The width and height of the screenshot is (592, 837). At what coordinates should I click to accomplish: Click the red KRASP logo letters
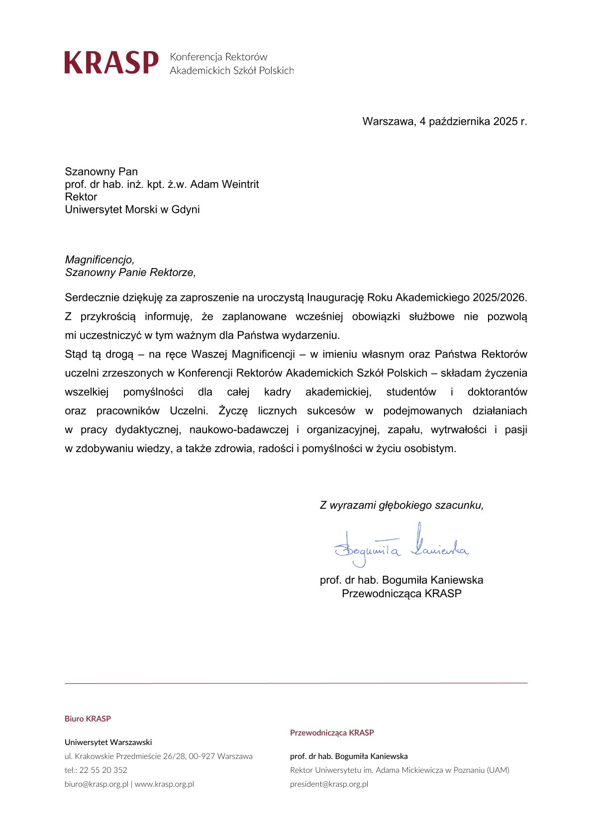[111, 63]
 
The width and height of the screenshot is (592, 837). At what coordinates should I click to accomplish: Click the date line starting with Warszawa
[444, 121]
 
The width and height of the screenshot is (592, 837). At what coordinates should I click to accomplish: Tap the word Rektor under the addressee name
[81, 197]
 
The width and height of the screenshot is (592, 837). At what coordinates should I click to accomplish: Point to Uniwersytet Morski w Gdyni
[132, 209]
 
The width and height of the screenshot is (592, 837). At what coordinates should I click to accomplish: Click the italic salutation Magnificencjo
[99, 260]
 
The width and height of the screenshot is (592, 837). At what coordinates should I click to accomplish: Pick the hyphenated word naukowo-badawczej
[239, 430]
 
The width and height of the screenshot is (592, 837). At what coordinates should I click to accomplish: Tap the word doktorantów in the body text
[497, 392]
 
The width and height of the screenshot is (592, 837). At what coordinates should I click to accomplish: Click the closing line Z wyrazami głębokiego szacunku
[401, 505]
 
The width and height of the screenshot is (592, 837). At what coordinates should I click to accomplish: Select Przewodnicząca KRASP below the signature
[401, 593]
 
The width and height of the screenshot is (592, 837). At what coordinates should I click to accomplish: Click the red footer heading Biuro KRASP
[88, 719]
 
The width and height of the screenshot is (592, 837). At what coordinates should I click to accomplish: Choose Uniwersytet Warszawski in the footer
[108, 742]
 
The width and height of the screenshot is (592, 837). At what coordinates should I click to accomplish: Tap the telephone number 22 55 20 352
[103, 770]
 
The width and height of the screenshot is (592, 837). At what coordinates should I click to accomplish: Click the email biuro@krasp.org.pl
[97, 784]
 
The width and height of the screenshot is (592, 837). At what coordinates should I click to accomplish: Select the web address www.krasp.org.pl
[164, 784]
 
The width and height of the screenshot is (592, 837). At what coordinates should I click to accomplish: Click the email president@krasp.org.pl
[329, 784]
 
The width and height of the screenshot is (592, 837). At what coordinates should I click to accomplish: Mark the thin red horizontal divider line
[296, 683]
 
